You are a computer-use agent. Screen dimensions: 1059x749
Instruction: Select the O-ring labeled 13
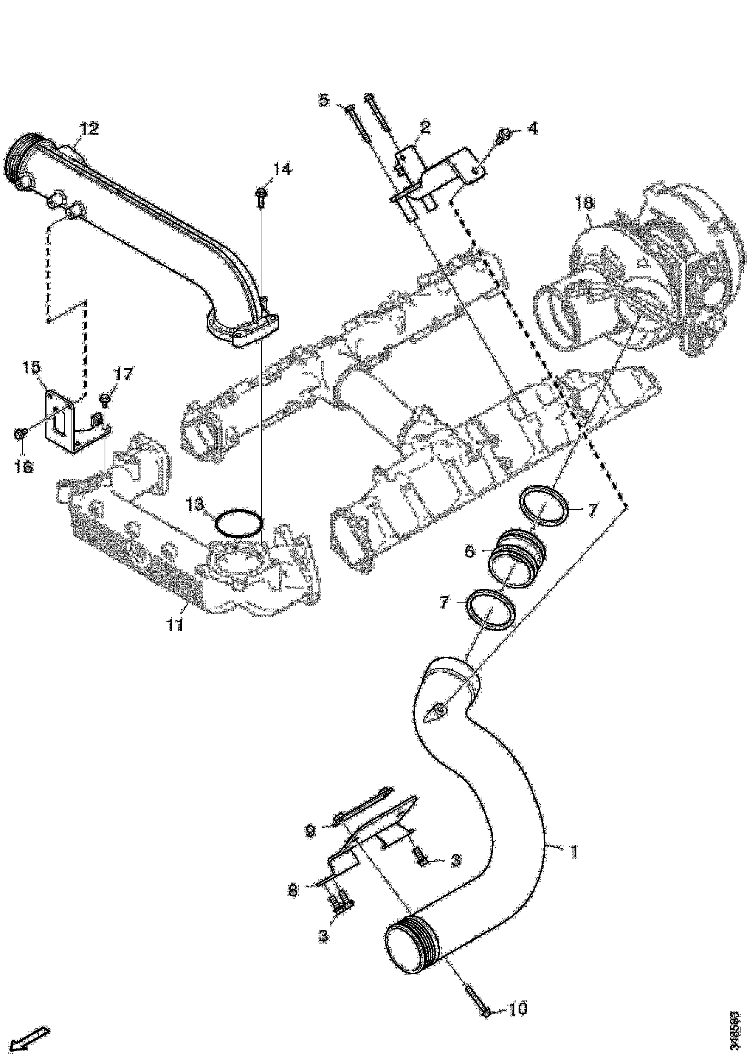pyautogui.click(x=240, y=523)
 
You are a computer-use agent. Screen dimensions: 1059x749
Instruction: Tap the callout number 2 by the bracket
pyautogui.click(x=425, y=126)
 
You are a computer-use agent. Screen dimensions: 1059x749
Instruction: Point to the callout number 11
pyautogui.click(x=175, y=625)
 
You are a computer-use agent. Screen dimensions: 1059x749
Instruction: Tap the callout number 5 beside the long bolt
pyautogui.click(x=324, y=100)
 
